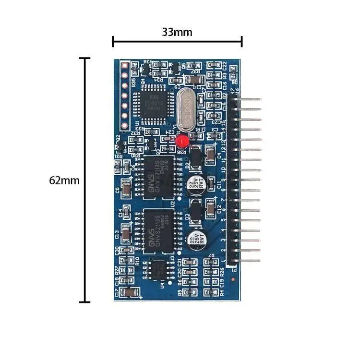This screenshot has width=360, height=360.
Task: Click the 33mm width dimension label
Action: tap(177, 33)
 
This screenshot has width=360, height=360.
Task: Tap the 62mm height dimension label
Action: tap(64, 180)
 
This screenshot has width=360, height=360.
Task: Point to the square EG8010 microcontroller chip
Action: tap(150, 100)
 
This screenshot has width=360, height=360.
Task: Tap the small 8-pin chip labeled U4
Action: tap(155, 270)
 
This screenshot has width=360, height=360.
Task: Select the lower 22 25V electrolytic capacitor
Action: tap(195, 239)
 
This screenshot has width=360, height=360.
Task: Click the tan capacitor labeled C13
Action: tap(126, 234)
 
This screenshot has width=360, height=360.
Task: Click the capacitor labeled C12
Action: tap(210, 209)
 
